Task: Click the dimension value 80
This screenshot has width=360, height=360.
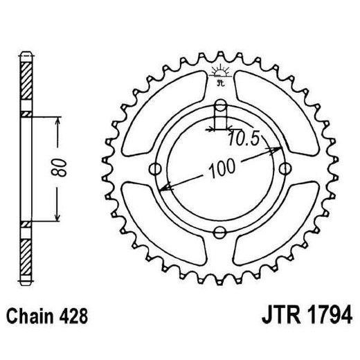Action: point(62,168)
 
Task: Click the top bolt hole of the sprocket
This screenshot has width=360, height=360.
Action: point(220,105)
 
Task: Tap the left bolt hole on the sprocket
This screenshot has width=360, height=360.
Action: point(156,168)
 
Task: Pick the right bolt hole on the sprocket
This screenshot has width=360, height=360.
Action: point(285,168)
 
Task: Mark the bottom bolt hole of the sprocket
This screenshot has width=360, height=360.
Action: point(220,232)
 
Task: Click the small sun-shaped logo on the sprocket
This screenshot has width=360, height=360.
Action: point(220,73)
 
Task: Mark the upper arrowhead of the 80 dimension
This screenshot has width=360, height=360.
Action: point(59,120)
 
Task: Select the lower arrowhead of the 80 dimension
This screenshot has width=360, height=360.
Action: point(59,216)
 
